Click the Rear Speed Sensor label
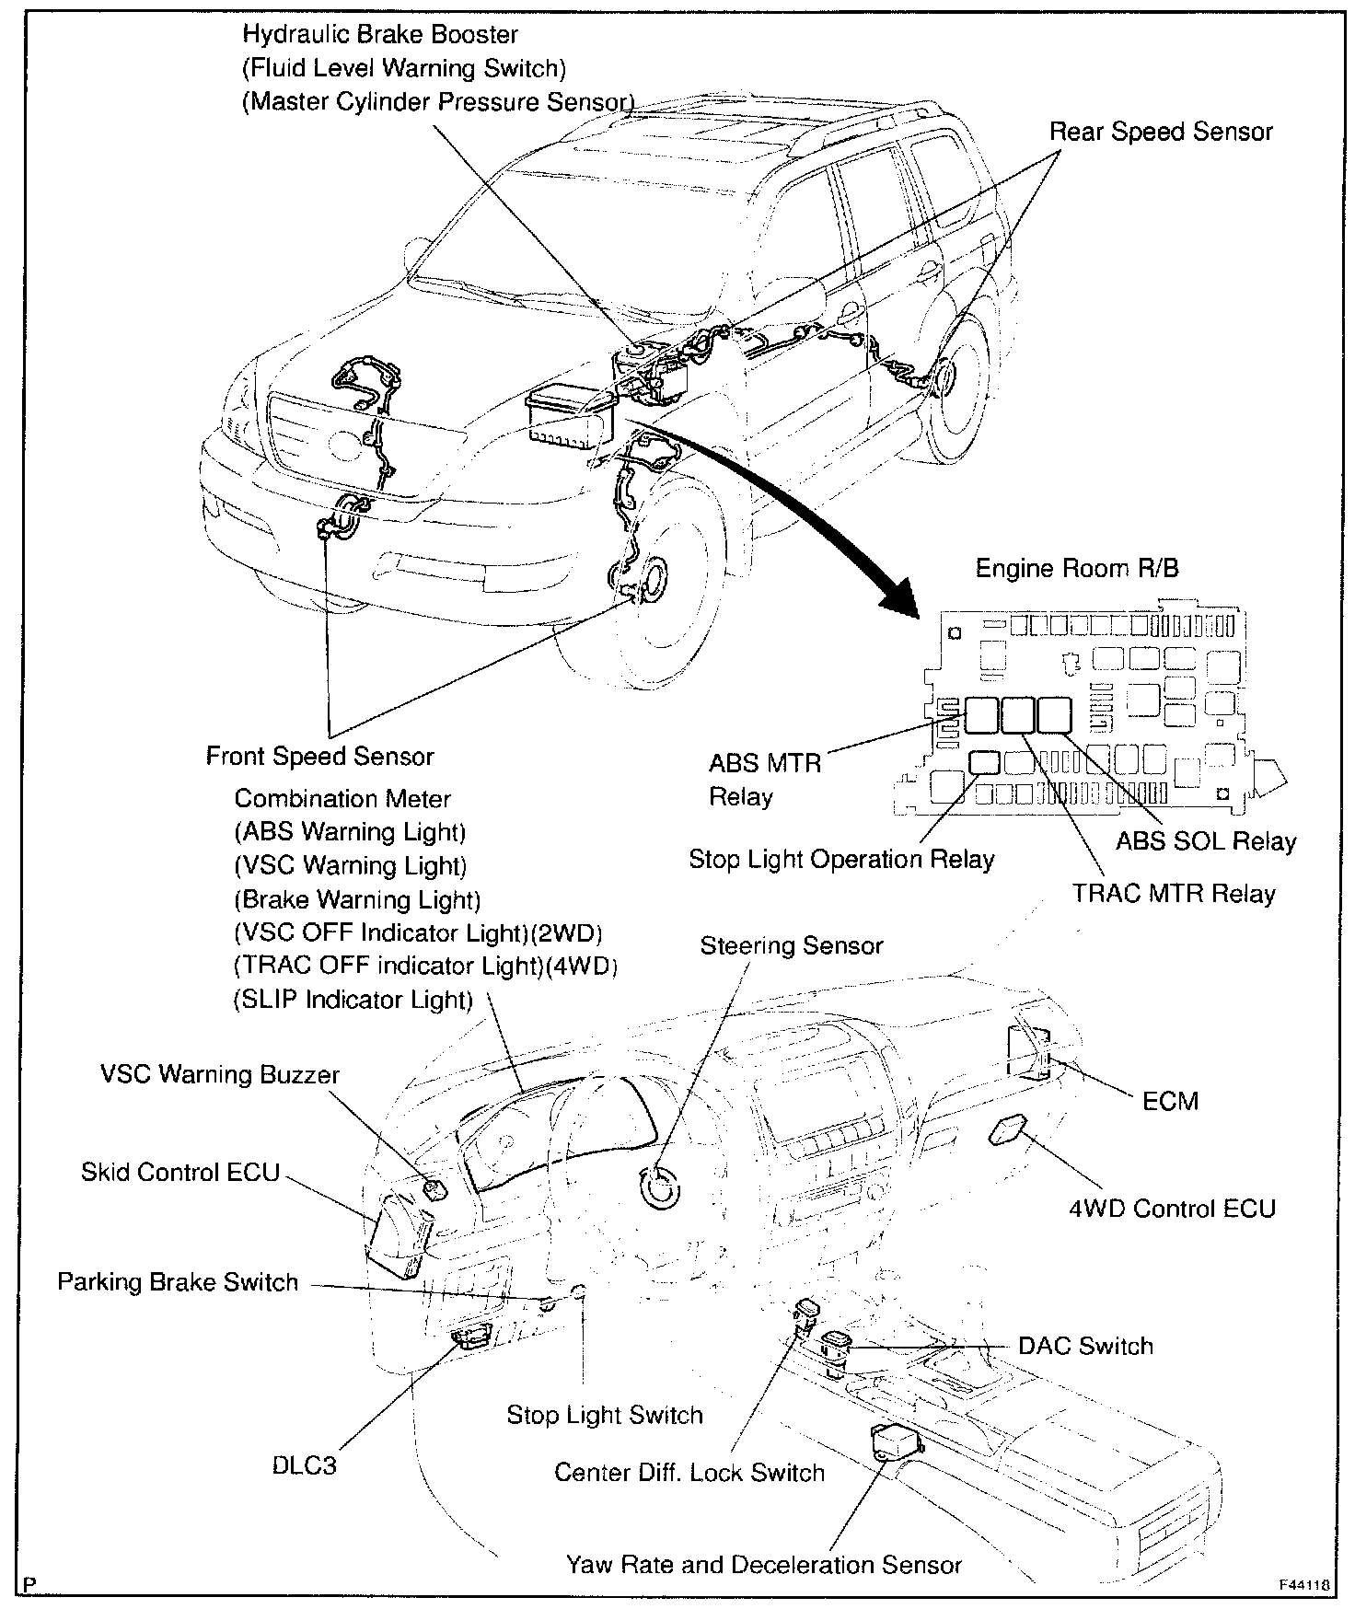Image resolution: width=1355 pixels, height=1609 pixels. (x=1161, y=132)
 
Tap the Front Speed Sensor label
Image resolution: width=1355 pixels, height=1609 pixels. (x=319, y=757)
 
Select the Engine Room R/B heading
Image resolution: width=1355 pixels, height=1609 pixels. (x=1076, y=568)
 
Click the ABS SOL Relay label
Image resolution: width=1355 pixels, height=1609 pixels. (x=1206, y=841)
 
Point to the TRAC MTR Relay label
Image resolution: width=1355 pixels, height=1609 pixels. (x=1174, y=894)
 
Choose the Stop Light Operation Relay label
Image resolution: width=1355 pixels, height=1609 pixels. (x=841, y=860)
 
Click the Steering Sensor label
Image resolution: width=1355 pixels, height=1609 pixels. (x=792, y=946)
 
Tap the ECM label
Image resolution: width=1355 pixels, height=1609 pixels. (x=1170, y=1101)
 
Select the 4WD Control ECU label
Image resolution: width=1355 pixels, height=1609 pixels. (x=1172, y=1208)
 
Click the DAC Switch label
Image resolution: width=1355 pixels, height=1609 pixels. (x=1085, y=1346)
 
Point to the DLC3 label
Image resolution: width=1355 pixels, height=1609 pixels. (x=305, y=1464)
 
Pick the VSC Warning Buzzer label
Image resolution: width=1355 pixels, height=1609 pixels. (x=220, y=1074)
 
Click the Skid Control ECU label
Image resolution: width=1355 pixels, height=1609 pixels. (x=180, y=1172)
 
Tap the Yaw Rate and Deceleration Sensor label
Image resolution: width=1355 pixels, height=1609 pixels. (x=764, y=1565)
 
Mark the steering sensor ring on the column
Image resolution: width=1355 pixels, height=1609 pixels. (x=662, y=1187)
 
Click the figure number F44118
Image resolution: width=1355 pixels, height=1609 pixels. (x=1303, y=1586)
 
